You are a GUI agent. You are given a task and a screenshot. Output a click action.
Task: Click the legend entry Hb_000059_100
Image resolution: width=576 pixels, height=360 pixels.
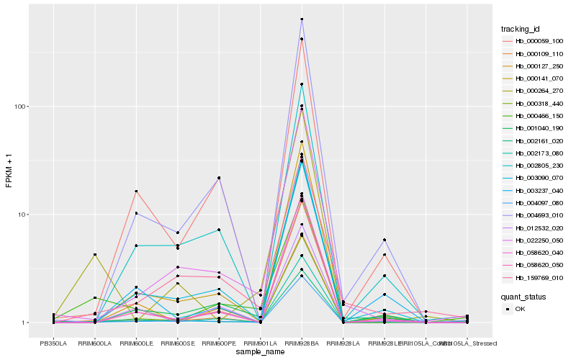click(534, 41)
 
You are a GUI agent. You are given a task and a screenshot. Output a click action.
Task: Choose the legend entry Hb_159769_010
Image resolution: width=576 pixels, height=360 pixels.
click(534, 277)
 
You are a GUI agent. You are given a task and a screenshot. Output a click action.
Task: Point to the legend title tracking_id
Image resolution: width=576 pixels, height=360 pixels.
click(521, 29)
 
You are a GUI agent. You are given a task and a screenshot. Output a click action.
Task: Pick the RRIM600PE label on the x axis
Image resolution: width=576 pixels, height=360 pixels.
click(218, 343)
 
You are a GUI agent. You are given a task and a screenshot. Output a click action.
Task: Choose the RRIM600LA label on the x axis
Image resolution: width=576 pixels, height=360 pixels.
click(94, 343)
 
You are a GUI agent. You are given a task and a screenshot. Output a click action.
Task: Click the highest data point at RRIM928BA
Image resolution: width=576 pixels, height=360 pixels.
click(302, 19)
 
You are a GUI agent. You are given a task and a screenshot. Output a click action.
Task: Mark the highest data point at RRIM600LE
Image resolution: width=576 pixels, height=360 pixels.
click(136, 192)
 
